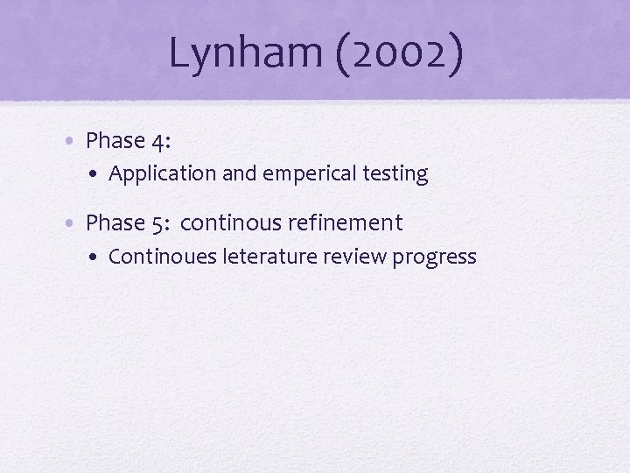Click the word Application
pyautogui.click(x=163, y=174)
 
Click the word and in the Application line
pyautogui.click(x=237, y=173)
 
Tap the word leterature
pyautogui.click(x=269, y=257)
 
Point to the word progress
pyautogui.click(x=435, y=258)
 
